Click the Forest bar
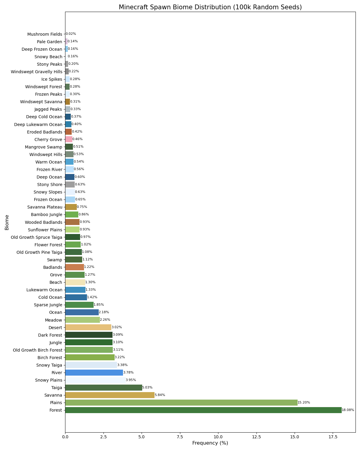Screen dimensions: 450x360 point(203,410)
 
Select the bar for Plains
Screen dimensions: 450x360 point(181,403)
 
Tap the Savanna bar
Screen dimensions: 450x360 point(110,395)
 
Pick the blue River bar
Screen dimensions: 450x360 point(94,373)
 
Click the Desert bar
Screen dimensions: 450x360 point(88,327)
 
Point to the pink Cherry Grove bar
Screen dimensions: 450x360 point(69,139)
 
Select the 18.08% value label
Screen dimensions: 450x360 point(348,410)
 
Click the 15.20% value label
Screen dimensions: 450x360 point(304,403)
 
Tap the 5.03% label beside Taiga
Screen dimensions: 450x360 point(147,388)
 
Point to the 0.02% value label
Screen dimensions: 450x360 point(71,34)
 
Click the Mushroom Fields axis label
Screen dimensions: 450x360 point(45,34)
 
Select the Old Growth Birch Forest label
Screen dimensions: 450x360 point(37,350)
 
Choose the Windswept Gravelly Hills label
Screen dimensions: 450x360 point(37,72)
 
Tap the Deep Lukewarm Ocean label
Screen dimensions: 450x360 point(38,124)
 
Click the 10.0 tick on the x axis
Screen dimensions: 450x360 point(218,436)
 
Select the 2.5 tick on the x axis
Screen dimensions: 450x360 point(103,436)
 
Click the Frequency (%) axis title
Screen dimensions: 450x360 point(210,443)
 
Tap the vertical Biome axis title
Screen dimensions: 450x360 point(7,222)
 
